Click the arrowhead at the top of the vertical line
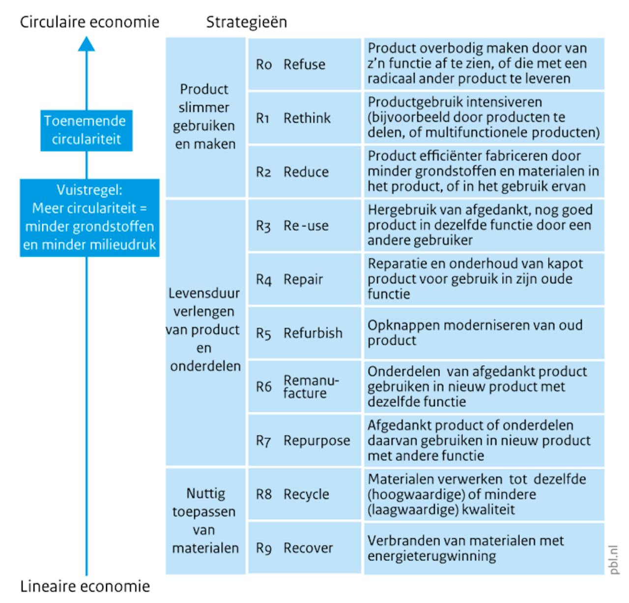[x=86, y=44]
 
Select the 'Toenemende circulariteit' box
[x=86, y=130]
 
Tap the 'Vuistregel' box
[x=89, y=218]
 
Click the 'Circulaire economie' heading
[x=89, y=22]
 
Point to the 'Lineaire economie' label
[x=85, y=586]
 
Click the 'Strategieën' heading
[x=246, y=22]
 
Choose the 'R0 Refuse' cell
[x=304, y=64]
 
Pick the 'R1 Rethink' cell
[x=304, y=118]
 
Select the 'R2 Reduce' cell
[x=304, y=172]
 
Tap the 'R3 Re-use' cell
[x=304, y=225]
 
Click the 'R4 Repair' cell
[x=304, y=279]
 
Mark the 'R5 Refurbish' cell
[x=304, y=333]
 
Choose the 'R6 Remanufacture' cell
[x=304, y=386]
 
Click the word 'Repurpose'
[x=317, y=440]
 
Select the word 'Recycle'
[x=306, y=494]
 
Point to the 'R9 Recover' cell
[x=304, y=548]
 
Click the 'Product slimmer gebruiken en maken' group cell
[x=205, y=117]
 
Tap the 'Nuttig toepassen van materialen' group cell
[x=205, y=521]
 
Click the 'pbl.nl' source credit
[x=614, y=559]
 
